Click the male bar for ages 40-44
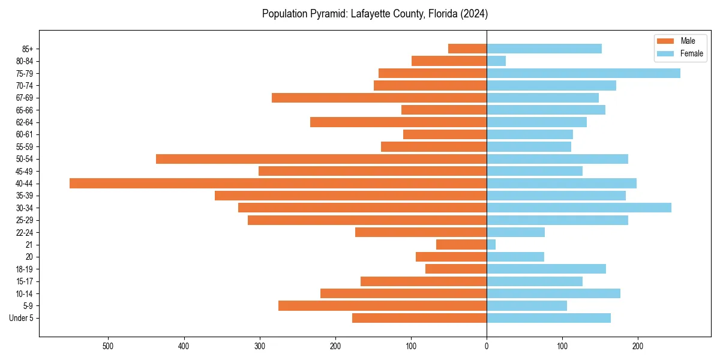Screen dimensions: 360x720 (278, 184)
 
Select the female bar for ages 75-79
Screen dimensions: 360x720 (583, 73)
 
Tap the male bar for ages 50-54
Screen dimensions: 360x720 (321, 159)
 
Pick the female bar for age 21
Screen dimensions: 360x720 (491, 245)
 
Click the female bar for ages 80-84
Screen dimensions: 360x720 (496, 61)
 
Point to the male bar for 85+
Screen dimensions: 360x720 (467, 49)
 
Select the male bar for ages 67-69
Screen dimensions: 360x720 (379, 98)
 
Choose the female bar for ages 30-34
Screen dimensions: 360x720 (579, 208)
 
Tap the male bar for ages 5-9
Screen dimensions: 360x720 (382, 306)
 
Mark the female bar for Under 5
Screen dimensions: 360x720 (548, 318)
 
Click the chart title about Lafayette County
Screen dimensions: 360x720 (375, 14)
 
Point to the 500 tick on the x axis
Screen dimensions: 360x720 (109, 346)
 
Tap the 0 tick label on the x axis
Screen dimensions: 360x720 (487, 346)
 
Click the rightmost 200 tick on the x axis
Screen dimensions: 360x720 (638, 346)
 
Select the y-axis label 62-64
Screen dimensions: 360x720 (25, 122)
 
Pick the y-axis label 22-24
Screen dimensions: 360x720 (25, 233)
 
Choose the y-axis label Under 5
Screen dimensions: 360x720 (22, 318)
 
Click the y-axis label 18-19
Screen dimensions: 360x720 (25, 269)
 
